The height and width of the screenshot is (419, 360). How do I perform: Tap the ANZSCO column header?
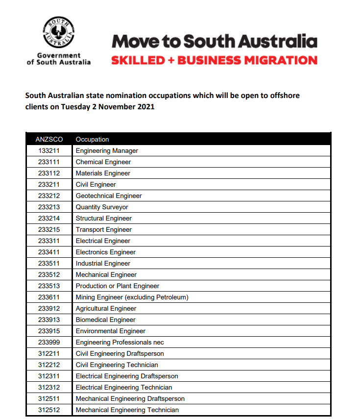tap(48, 140)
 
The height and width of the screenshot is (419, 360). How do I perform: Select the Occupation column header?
tap(92, 140)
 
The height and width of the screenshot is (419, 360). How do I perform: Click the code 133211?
tap(49, 151)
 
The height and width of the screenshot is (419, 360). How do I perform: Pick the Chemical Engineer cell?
tap(103, 162)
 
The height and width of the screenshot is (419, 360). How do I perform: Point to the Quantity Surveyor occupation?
tap(102, 207)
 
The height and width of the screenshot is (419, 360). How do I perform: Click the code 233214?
tap(49, 219)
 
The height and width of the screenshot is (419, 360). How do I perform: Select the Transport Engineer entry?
tap(104, 230)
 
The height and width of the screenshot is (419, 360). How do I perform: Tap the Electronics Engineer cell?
tap(106, 252)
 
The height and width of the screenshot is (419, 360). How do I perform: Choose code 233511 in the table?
tap(49, 264)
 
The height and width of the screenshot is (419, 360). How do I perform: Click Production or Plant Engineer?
tap(118, 286)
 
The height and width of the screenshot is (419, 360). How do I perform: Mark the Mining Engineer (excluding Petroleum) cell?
tap(132, 297)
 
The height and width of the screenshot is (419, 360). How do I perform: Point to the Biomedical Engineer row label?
tap(106, 320)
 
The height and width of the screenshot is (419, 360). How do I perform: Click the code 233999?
tap(49, 343)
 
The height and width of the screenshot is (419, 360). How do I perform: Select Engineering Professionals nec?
tap(120, 343)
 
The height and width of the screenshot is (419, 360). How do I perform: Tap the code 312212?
tap(49, 365)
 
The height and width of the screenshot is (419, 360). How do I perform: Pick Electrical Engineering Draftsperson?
tap(127, 376)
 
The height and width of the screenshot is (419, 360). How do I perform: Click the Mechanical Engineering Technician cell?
tap(127, 410)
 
